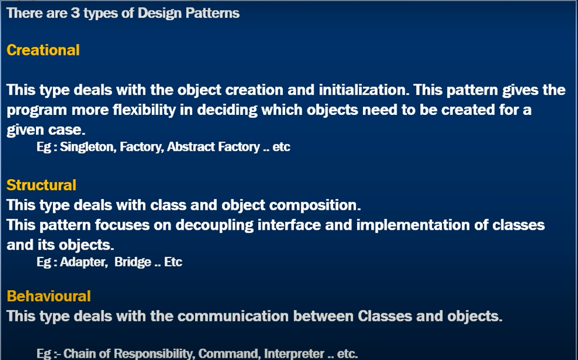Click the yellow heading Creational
coord(43,50)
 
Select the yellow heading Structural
coord(41,185)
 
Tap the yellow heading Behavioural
coord(49,296)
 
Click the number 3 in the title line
coord(75,14)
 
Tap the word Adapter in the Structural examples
coord(83,262)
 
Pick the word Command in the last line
coord(229,354)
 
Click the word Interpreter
coord(294,354)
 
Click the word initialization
coord(364,90)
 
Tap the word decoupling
coord(214,225)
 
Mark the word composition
coord(315,205)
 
